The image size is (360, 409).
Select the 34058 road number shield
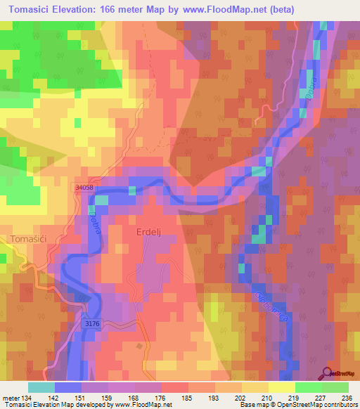(x=83, y=188)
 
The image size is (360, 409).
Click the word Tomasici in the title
(x=34, y=9)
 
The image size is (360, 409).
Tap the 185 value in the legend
(x=188, y=397)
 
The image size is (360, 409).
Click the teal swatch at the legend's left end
(x=41, y=387)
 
